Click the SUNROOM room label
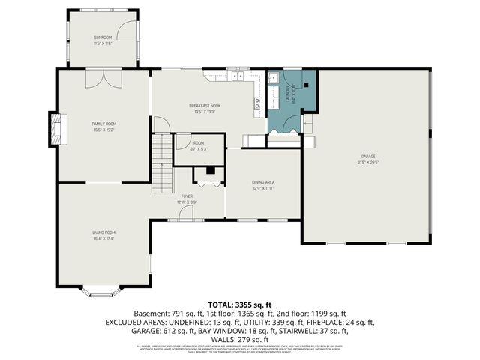coord(103,37)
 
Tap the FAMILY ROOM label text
coord(104,124)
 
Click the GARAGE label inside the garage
coord(367,157)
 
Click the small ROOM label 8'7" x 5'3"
coord(199,143)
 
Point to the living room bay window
coord(98,290)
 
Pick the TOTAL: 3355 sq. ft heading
coord(239,304)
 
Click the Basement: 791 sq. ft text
coord(165,313)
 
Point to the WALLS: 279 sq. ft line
coord(239,338)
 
